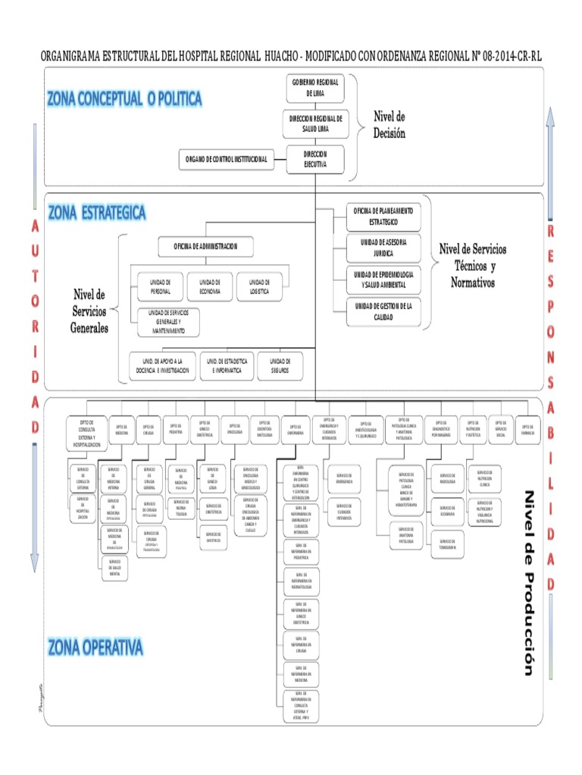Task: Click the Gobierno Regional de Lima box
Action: pos(315,88)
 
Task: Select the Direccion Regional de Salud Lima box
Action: pos(315,123)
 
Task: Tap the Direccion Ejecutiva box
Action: pos(315,158)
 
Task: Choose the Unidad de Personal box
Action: pos(160,286)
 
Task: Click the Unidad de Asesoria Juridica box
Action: pos(383,248)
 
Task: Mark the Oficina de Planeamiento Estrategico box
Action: pos(383,216)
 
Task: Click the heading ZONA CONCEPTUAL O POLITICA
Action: pos(124,98)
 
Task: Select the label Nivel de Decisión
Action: pos(389,125)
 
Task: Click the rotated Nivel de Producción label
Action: pos(529,583)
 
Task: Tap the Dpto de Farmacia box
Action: pos(527,428)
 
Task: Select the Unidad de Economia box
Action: pos(210,286)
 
